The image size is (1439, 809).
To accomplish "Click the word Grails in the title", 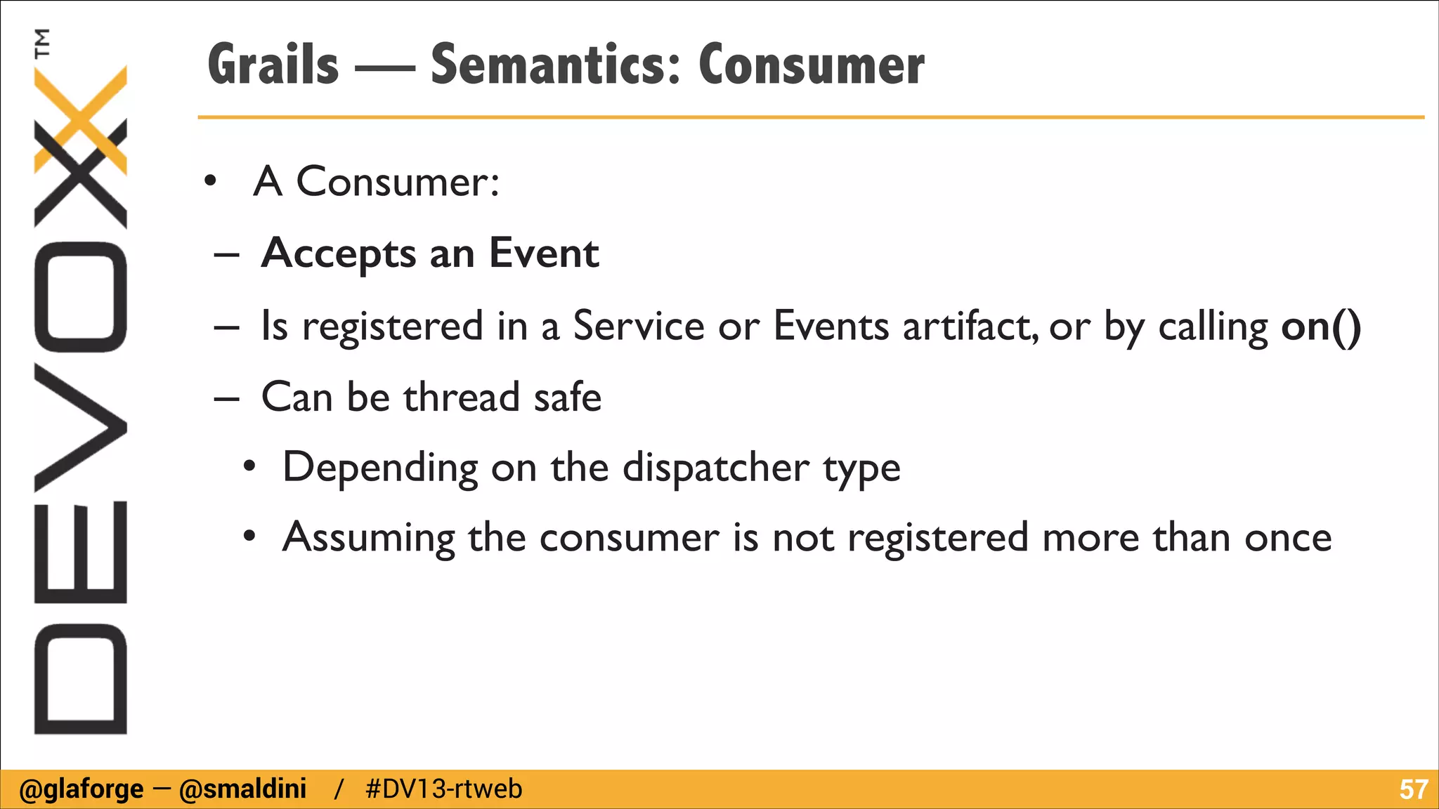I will (x=273, y=65).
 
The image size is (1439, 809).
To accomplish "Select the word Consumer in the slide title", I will (x=812, y=65).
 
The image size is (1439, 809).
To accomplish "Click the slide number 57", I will (x=1413, y=789).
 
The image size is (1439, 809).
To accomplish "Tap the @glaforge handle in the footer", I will (x=81, y=789).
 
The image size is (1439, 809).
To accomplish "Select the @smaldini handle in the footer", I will (x=243, y=789).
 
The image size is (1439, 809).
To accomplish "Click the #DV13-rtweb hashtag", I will (x=444, y=789).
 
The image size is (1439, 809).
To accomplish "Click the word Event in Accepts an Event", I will (x=544, y=253).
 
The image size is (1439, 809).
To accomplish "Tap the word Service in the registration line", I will (x=639, y=327).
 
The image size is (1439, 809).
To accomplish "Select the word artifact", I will (x=970, y=327).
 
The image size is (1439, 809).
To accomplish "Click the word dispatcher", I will (x=716, y=468).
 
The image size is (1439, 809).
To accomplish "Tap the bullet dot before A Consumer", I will (x=209, y=182).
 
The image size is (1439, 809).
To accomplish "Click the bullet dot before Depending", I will (x=249, y=467).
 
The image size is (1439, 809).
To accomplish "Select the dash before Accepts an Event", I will (x=226, y=254).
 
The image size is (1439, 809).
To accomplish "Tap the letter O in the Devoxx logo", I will (x=80, y=296).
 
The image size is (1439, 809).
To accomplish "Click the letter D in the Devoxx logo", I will (x=80, y=678).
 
